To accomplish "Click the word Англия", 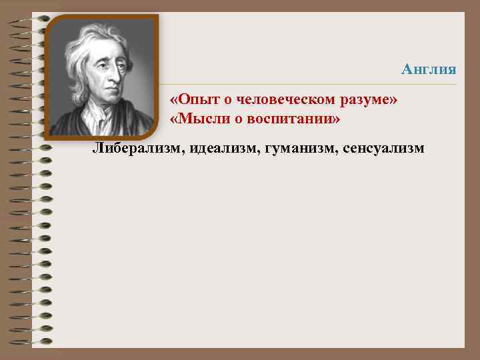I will pyautogui.click(x=429, y=69).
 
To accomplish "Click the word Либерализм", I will pyautogui.click(x=138, y=147).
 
